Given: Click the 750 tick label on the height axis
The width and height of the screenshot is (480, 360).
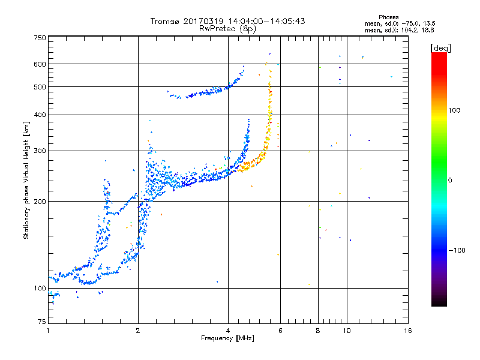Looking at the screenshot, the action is pyautogui.click(x=40, y=38).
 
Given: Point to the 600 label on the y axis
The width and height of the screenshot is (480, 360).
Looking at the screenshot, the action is pyautogui.click(x=40, y=64).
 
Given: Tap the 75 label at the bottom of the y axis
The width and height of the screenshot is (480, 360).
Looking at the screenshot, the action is pyautogui.click(x=42, y=322).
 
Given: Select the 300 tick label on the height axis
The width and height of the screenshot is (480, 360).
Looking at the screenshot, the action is pyautogui.click(x=40, y=151).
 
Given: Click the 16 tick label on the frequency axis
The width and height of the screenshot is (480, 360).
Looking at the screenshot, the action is pyautogui.click(x=408, y=331).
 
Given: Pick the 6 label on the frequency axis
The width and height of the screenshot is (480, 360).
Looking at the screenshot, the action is pyautogui.click(x=280, y=331).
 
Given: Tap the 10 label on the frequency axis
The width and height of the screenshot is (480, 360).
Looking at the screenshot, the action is pyautogui.click(x=347, y=331).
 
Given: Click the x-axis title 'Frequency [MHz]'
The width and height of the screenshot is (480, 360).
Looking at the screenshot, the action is pyautogui.click(x=227, y=338).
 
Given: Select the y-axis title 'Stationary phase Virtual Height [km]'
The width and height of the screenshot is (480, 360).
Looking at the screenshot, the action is pyautogui.click(x=26, y=181).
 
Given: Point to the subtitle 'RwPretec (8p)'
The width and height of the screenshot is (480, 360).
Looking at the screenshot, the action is pyautogui.click(x=227, y=29).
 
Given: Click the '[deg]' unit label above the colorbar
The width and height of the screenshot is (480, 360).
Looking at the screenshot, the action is pyautogui.click(x=440, y=48).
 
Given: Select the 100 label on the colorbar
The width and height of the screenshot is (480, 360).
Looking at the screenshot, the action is pyautogui.click(x=454, y=110).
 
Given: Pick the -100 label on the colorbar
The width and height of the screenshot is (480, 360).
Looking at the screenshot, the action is pyautogui.click(x=457, y=250).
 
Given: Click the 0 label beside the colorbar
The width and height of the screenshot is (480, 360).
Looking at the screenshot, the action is pyautogui.click(x=450, y=181).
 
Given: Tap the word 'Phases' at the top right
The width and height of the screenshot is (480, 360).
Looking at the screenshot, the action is pyautogui.click(x=388, y=17).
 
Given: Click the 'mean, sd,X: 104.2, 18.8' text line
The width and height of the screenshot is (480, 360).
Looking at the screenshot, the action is pyautogui.click(x=399, y=31).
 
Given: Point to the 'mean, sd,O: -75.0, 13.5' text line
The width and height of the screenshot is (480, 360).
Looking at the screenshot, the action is pyautogui.click(x=400, y=23).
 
